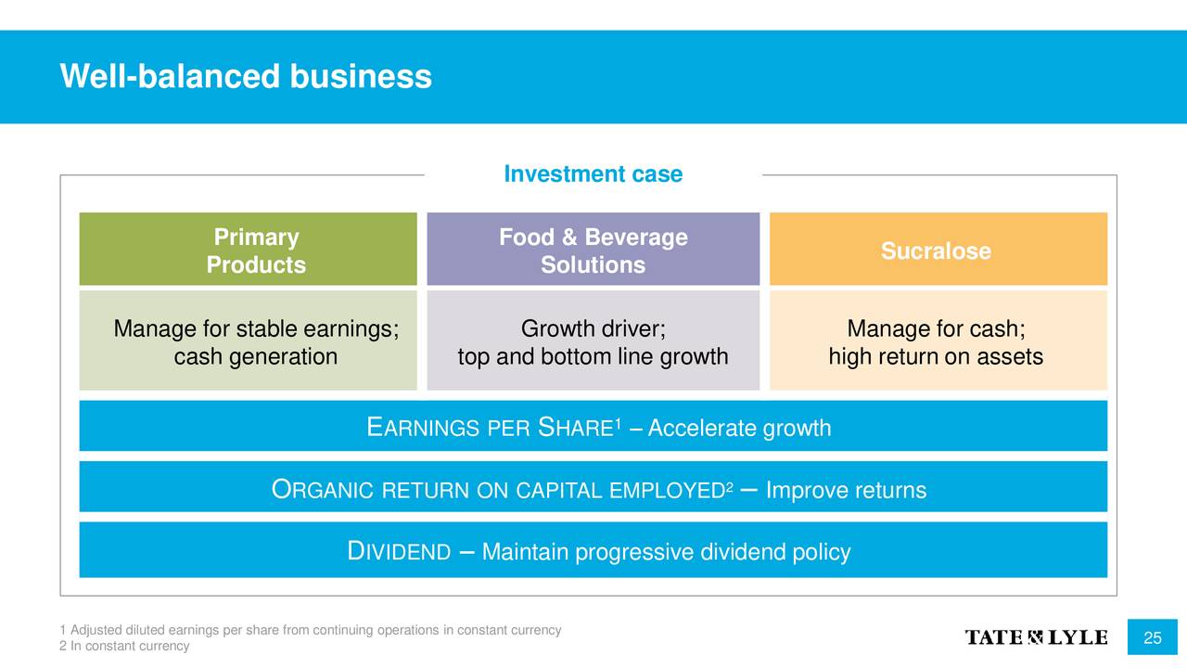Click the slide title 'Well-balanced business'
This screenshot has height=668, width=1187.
coord(246,76)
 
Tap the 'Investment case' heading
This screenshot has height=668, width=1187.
coord(593,173)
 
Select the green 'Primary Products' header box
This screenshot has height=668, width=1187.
coord(248,250)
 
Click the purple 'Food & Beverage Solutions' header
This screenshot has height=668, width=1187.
coord(593,250)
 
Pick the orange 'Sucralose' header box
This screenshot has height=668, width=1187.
coord(938,250)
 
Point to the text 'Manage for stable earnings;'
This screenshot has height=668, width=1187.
coord(256,328)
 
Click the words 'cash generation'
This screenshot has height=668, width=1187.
coord(256,357)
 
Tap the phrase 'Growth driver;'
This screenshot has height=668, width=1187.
coord(593,328)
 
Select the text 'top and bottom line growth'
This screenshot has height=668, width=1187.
coord(593,357)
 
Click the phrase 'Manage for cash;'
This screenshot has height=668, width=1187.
coord(937,328)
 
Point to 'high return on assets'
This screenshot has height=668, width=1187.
coord(937,357)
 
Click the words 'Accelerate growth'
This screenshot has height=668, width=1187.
coord(739,428)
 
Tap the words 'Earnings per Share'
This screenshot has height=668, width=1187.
coord(491,428)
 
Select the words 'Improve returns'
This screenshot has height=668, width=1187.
coord(847,490)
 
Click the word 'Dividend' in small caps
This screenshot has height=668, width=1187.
coord(399,551)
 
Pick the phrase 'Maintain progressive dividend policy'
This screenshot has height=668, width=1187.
coord(666,552)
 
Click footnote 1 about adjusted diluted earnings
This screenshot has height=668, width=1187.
coord(311,630)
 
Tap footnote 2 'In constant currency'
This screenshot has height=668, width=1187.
coord(124,646)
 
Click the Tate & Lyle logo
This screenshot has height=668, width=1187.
coord(1036,637)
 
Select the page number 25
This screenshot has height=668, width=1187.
coord(1153,637)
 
